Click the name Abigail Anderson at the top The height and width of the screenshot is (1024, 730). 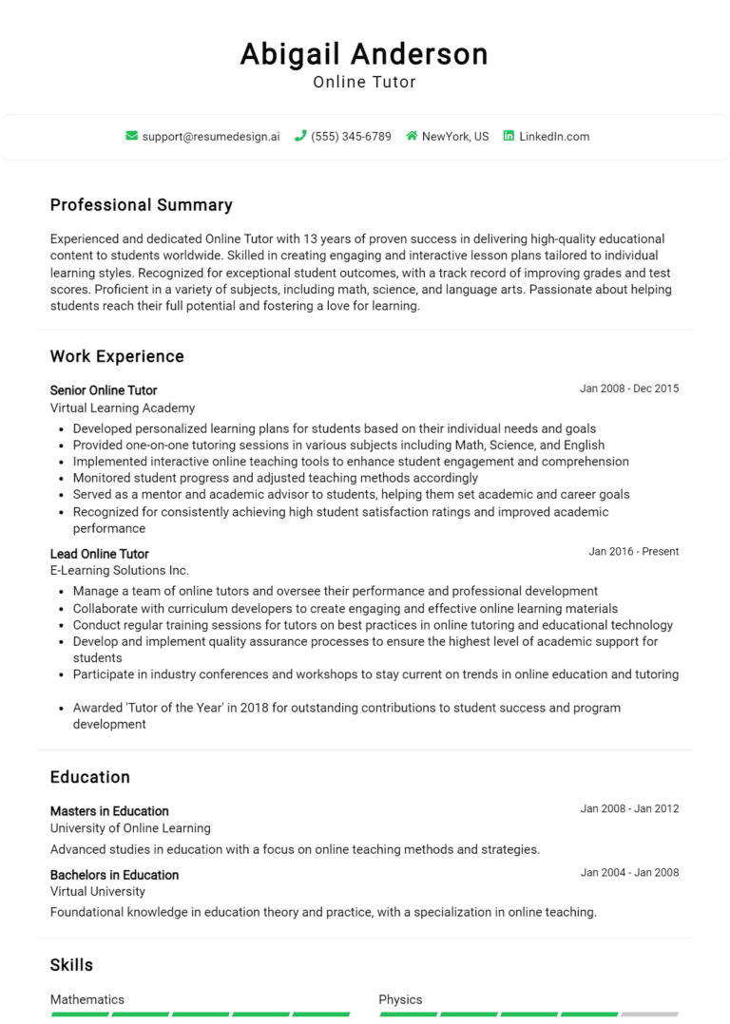tap(364, 53)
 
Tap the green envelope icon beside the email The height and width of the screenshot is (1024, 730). tap(131, 136)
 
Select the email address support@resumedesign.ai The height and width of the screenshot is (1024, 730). tap(211, 137)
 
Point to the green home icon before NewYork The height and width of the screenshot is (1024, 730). tap(412, 136)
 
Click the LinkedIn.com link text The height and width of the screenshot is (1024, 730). tap(554, 137)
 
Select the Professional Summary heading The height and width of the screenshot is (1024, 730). tap(141, 205)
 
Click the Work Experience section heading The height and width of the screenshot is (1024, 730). tap(117, 357)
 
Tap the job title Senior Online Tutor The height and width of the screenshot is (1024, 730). tap(104, 390)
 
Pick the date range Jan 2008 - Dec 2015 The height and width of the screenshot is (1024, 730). tap(629, 389)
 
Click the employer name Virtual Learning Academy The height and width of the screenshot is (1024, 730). tap(123, 408)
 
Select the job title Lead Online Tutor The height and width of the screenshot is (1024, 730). tap(100, 554)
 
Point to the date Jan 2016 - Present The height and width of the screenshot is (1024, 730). tap(633, 552)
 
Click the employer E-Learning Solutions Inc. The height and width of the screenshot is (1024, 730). tap(120, 571)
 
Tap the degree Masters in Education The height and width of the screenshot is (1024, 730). tap(109, 811)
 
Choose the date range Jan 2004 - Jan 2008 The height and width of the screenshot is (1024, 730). tap(629, 873)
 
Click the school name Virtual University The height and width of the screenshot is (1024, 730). tap(98, 892)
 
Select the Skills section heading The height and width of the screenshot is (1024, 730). tap(71, 965)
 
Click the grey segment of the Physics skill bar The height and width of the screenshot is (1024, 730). tap(649, 1015)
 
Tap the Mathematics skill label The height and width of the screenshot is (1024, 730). tap(87, 999)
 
